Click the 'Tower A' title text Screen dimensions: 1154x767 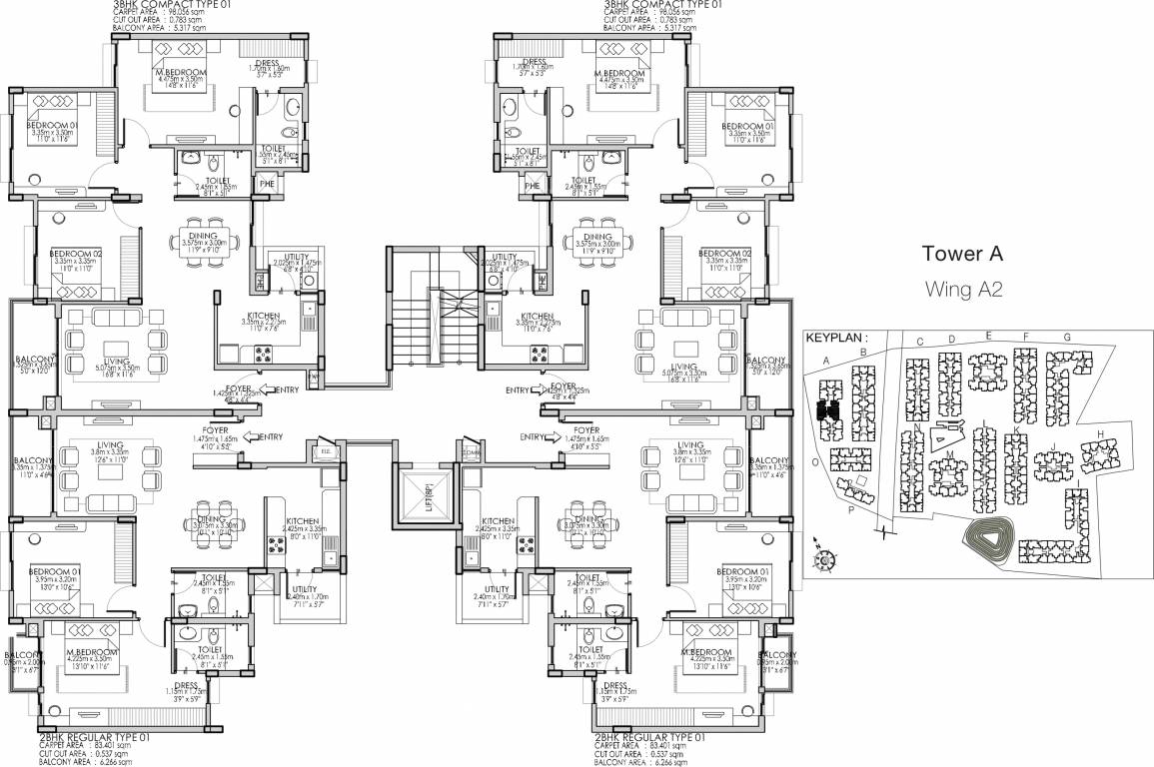coord(962,254)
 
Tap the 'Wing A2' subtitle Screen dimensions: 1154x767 coord(963,290)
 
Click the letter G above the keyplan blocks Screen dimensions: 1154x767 coord(1067,338)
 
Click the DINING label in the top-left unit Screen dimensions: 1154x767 coord(204,237)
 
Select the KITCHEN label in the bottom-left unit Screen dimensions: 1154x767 coord(302,522)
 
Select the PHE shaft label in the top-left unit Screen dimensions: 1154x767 coord(267,184)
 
